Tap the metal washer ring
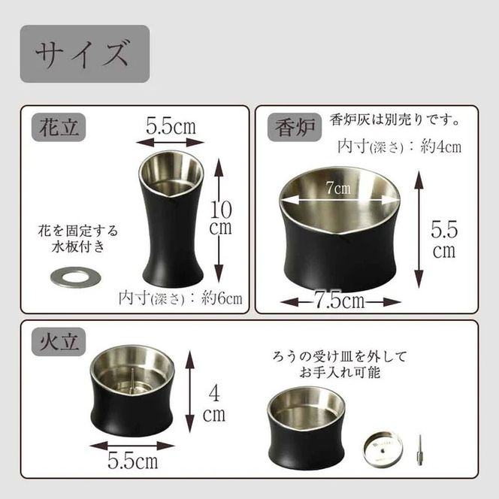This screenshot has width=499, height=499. click(x=75, y=277)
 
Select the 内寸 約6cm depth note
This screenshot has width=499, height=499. click(x=181, y=298)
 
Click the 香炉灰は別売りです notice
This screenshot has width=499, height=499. click(x=395, y=120)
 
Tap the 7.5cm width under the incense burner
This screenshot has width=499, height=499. click(x=340, y=301)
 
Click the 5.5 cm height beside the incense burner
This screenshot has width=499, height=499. click(x=444, y=237)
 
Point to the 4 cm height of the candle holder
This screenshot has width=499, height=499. click(x=215, y=401)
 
